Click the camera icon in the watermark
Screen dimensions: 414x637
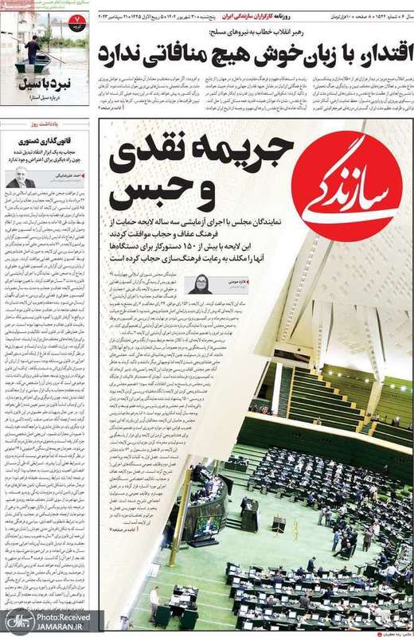16,621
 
